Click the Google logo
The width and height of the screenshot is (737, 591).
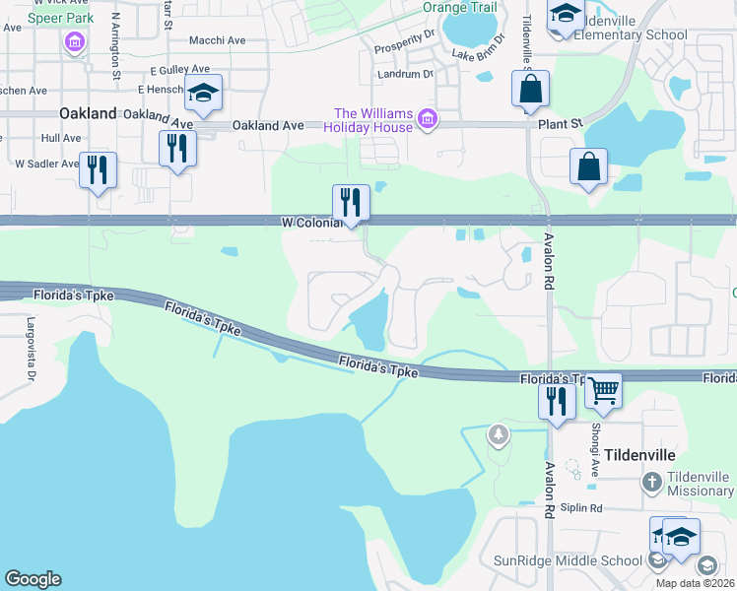click(33, 579)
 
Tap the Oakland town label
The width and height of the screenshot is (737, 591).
click(89, 113)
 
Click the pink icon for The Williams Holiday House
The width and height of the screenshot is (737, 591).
click(427, 119)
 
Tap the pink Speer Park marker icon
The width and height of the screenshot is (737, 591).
click(74, 41)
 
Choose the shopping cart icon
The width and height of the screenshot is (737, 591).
click(603, 390)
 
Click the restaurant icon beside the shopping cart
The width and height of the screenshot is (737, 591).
click(557, 401)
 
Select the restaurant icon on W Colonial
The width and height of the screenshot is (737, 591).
click(351, 202)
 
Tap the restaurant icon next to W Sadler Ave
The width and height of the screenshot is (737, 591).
click(98, 169)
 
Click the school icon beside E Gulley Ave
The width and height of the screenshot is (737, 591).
click(204, 94)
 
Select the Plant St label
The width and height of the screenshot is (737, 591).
click(561, 124)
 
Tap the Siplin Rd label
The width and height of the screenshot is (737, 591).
click(582, 508)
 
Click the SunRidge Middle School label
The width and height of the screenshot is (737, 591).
click(569, 561)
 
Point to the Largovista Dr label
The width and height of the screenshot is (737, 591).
click(31, 335)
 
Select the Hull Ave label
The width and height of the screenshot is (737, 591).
click(61, 139)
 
